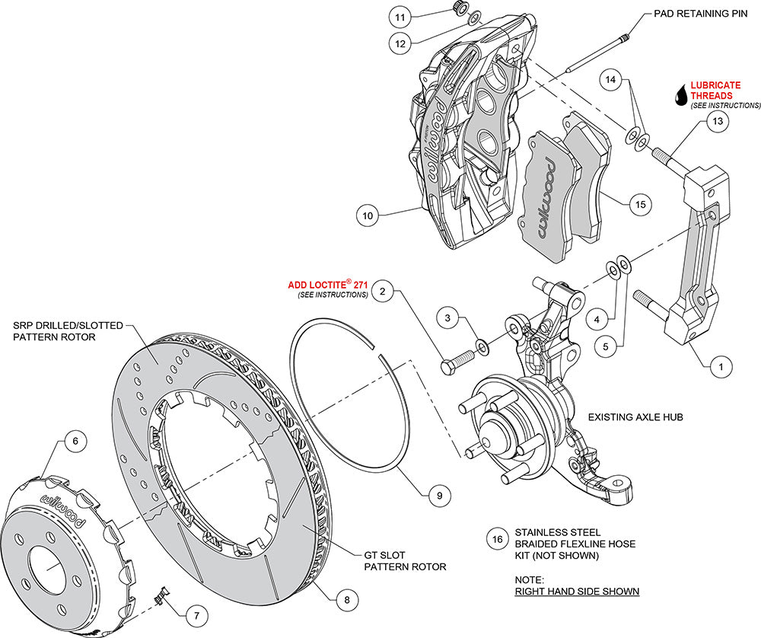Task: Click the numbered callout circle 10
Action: point(368,216)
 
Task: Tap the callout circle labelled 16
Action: point(498,540)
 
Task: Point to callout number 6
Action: point(75,440)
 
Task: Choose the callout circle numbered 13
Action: point(715,121)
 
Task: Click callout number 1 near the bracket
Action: point(715,366)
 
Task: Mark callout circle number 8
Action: point(346,599)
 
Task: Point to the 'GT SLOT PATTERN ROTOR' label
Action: point(404,560)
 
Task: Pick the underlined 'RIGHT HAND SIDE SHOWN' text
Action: point(576,591)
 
